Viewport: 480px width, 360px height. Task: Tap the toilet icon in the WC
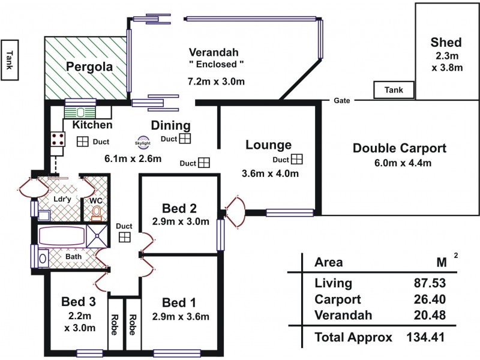pyautogui.click(x=96, y=212)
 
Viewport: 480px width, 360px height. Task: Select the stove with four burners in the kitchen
pyautogui.click(x=58, y=140)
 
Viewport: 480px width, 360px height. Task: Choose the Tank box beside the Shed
pyautogui.click(x=393, y=90)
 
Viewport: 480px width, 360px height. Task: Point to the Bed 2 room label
pyautogui.click(x=179, y=209)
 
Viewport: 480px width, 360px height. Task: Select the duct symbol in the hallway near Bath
pyautogui.click(x=125, y=237)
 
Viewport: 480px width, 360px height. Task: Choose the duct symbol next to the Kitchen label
pyautogui.click(x=82, y=142)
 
